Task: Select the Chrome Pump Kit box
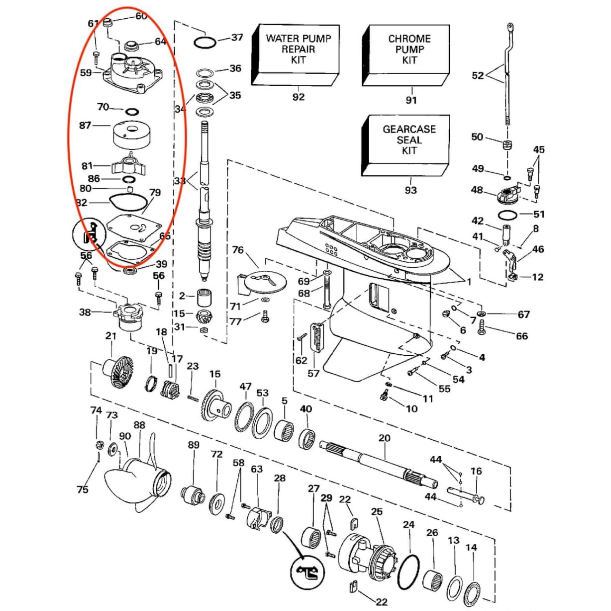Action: coord(406,55)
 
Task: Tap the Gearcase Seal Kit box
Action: coord(406,145)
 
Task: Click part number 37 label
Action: coord(237,37)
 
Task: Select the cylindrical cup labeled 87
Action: coord(132,135)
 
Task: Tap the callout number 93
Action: coord(411,190)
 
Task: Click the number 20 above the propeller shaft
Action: coord(384,438)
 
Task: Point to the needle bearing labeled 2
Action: coord(204,298)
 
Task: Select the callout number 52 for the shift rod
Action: coord(478,75)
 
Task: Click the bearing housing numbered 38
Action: coord(130,317)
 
